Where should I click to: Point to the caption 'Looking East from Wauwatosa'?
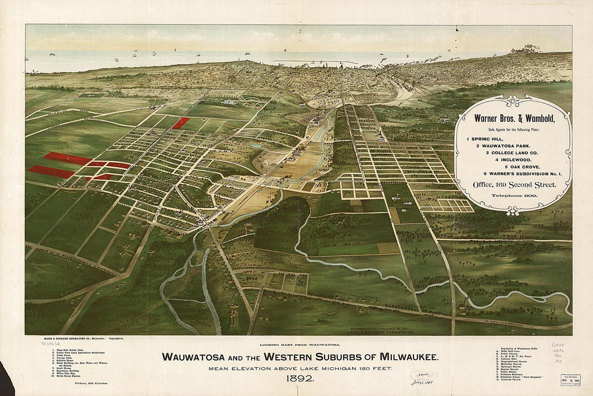click(300, 344)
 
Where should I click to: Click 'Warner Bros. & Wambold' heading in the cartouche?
click(514, 118)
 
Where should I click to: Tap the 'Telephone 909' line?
click(513, 195)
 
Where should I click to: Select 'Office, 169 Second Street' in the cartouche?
click(513, 185)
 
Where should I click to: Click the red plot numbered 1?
click(182, 123)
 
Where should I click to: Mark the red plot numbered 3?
click(51, 172)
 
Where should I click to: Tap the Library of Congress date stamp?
click(570, 380)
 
